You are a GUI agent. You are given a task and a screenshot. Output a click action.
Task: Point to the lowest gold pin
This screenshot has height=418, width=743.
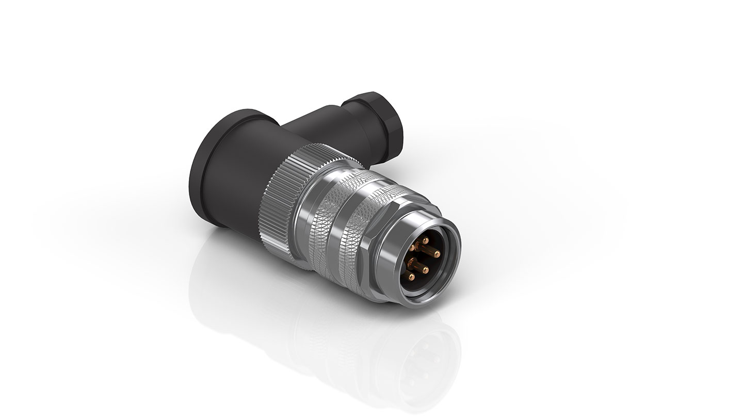click(412, 277)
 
